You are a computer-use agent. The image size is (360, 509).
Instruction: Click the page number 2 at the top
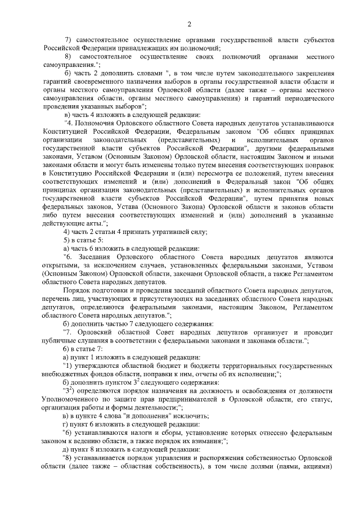(190, 24)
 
